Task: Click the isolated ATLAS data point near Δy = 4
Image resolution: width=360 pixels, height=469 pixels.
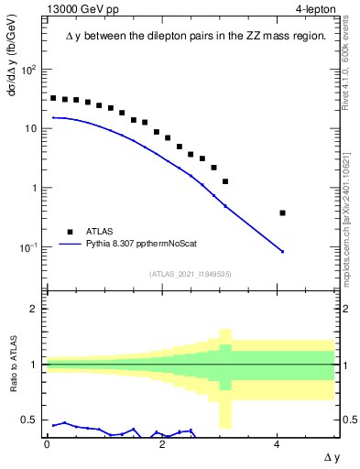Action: pos(283,213)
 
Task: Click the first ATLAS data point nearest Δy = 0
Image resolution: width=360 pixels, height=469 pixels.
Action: pos(53,98)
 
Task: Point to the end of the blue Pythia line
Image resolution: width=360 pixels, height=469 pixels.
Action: pos(283,252)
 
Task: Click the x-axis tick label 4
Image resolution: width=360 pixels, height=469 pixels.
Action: pos(278,443)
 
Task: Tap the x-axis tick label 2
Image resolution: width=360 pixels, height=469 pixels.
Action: pos(162,443)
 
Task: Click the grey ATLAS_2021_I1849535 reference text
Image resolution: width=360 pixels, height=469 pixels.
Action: pos(191,273)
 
